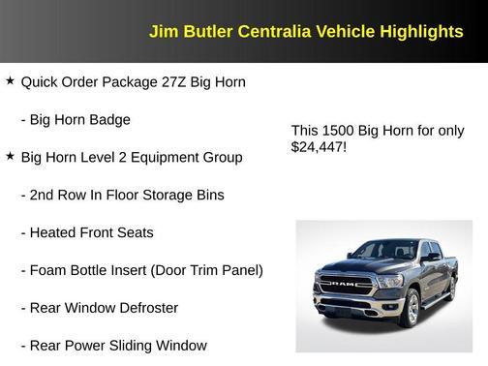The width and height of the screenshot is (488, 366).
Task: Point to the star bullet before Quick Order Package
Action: click(10, 81)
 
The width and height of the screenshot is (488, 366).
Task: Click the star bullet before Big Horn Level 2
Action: click(10, 156)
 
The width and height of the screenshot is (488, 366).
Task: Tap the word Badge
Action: click(135, 119)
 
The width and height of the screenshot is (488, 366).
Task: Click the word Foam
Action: click(50, 270)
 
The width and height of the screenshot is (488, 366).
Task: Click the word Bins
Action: click(208, 195)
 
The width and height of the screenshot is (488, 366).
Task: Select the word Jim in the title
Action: click(162, 31)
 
